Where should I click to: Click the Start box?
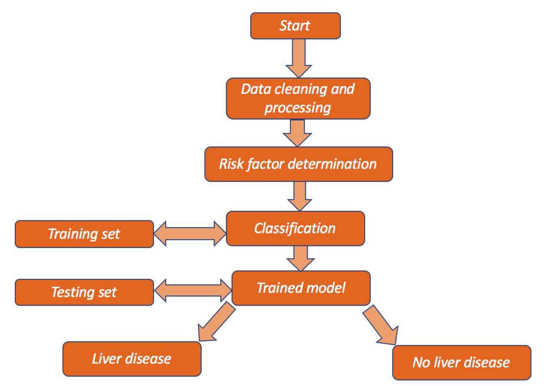(x=295, y=26)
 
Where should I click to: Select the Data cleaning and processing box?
(x=298, y=99)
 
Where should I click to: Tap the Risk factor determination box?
(x=299, y=164)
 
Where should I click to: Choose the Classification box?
(x=295, y=229)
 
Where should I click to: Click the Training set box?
(x=84, y=234)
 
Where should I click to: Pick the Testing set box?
(x=84, y=292)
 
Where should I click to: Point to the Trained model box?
(x=301, y=288)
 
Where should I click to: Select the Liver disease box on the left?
(x=132, y=359)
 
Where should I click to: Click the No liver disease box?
(x=461, y=362)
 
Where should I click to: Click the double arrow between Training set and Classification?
(x=190, y=234)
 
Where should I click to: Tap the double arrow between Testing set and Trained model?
(x=193, y=290)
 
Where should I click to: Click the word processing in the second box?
(x=298, y=108)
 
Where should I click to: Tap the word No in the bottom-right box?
(x=421, y=362)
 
